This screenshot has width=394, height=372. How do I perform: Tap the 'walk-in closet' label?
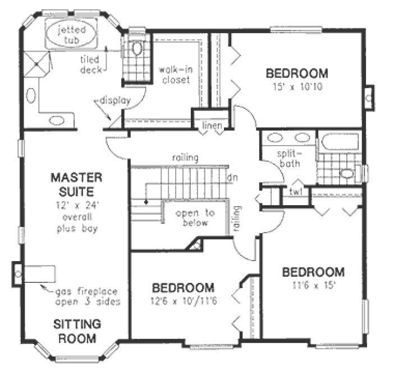click(173, 75)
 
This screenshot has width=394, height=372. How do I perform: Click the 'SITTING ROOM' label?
click(77, 331)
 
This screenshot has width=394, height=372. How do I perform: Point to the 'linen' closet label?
click(212, 127)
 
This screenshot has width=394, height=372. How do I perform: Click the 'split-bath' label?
click(288, 159)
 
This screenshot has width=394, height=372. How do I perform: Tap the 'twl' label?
click(296, 191)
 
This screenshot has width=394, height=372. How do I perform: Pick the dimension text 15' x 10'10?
click(297, 87)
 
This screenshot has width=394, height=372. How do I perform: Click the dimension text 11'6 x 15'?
click(313, 285)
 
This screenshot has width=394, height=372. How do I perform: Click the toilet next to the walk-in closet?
click(136, 49)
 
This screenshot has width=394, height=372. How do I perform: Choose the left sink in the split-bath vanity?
click(276, 138)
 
